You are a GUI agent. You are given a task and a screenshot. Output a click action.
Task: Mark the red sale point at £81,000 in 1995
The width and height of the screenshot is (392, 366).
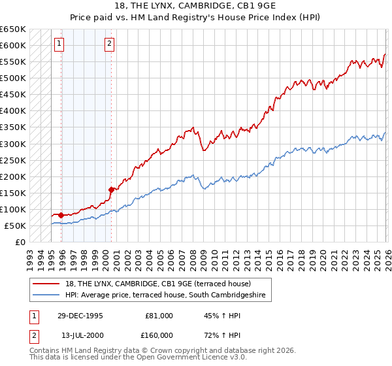pyautogui.click(x=61, y=215)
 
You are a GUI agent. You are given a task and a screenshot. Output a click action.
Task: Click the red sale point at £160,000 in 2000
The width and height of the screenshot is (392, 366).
pyautogui.click(x=111, y=190)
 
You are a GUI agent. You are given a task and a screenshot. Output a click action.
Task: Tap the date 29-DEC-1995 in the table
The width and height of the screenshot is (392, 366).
pyautogui.click(x=81, y=315)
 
